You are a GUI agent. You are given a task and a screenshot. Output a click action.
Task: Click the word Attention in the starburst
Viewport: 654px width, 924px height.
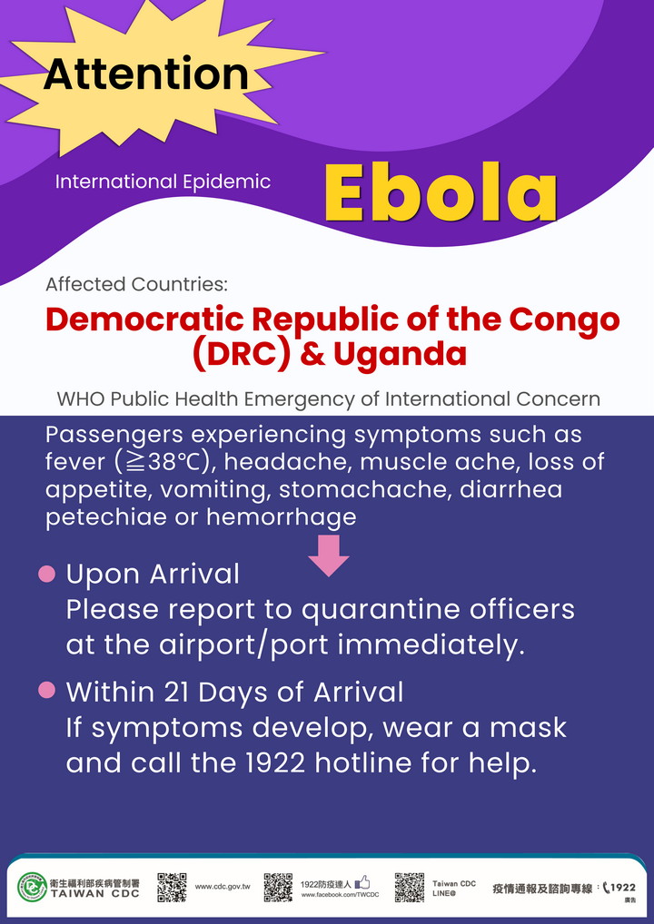point(145,74)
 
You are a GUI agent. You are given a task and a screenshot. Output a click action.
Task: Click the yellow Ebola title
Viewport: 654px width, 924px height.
point(441,192)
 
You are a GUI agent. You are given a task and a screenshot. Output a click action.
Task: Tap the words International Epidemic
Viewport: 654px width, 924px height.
point(163,182)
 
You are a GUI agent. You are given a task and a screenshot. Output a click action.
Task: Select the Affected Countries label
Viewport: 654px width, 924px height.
point(136,285)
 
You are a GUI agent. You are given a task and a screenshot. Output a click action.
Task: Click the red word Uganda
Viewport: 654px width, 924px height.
point(400,354)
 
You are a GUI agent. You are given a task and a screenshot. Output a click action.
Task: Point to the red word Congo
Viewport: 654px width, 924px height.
point(564,319)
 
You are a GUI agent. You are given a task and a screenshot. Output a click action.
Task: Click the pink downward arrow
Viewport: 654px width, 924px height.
point(329,555)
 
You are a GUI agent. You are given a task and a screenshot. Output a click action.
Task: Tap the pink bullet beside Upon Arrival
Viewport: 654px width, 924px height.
point(46,574)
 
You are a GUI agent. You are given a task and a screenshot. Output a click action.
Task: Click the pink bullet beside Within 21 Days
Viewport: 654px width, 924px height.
point(46,690)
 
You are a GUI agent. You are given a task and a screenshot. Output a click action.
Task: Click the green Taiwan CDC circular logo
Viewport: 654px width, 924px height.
point(33,888)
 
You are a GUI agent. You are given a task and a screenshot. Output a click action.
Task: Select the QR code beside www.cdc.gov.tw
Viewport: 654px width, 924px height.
point(173,888)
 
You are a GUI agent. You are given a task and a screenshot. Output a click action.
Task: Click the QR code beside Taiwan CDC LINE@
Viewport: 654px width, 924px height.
point(410,888)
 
